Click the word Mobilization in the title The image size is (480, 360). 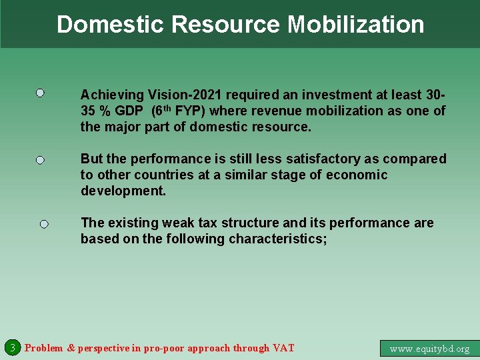point(356,25)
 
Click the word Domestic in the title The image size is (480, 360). point(111,25)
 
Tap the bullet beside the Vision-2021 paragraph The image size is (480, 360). point(40,93)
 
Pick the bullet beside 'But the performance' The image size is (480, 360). point(40,161)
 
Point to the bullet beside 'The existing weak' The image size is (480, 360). point(43,225)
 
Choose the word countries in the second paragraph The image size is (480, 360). point(163,175)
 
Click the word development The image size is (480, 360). point(123,191)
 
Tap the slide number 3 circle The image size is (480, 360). point(11,347)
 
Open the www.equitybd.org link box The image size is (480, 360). point(429,348)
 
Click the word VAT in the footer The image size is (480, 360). point(283,348)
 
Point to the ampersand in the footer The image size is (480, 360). point(71,348)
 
